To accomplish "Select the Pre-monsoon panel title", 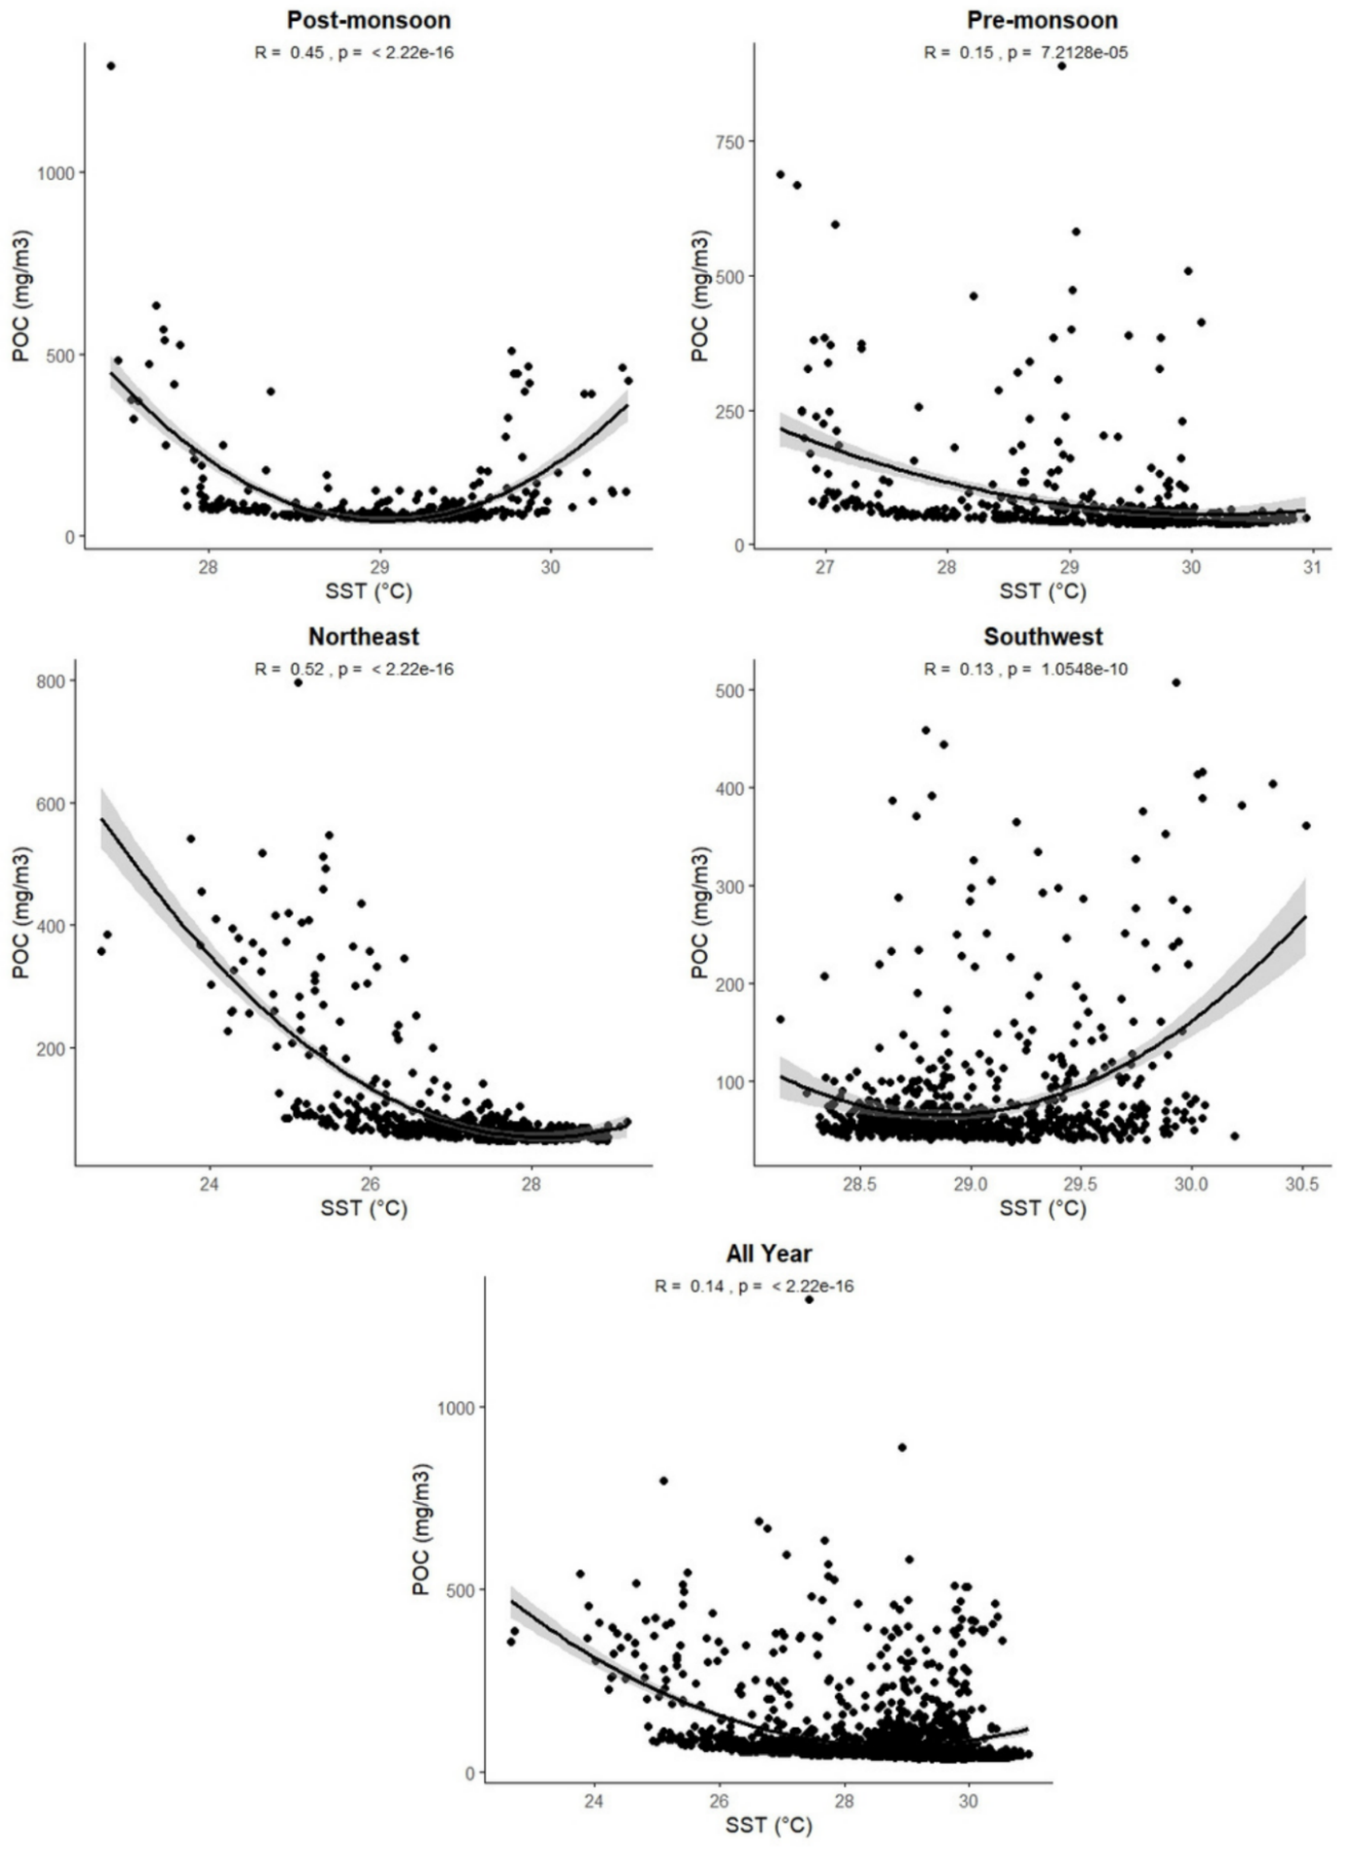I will (x=1042, y=20).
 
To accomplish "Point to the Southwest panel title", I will (x=1043, y=637).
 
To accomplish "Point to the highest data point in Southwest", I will (x=1176, y=682).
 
